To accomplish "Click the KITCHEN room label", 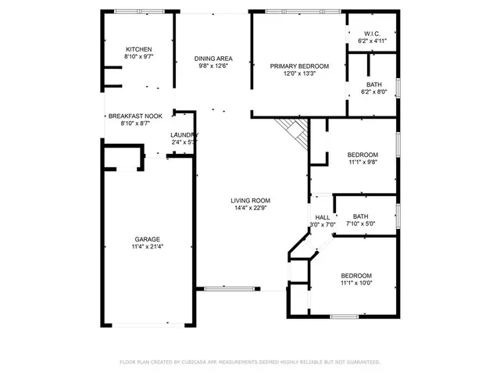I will (138, 49).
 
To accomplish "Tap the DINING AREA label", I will (213, 59).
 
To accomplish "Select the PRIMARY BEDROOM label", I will (299, 66).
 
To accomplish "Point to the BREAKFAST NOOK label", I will (135, 116).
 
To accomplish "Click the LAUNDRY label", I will (184, 134).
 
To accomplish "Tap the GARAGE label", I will (147, 239).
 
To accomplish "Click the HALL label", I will (322, 218).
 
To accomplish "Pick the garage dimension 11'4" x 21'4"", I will (147, 247).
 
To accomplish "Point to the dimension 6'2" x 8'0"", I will (373, 92).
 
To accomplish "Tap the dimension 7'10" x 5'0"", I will (360, 223).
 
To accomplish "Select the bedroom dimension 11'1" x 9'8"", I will (362, 162).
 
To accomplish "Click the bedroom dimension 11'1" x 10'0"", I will (355, 284).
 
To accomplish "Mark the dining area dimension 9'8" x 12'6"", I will (213, 66).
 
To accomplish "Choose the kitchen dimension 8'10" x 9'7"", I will (138, 57).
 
